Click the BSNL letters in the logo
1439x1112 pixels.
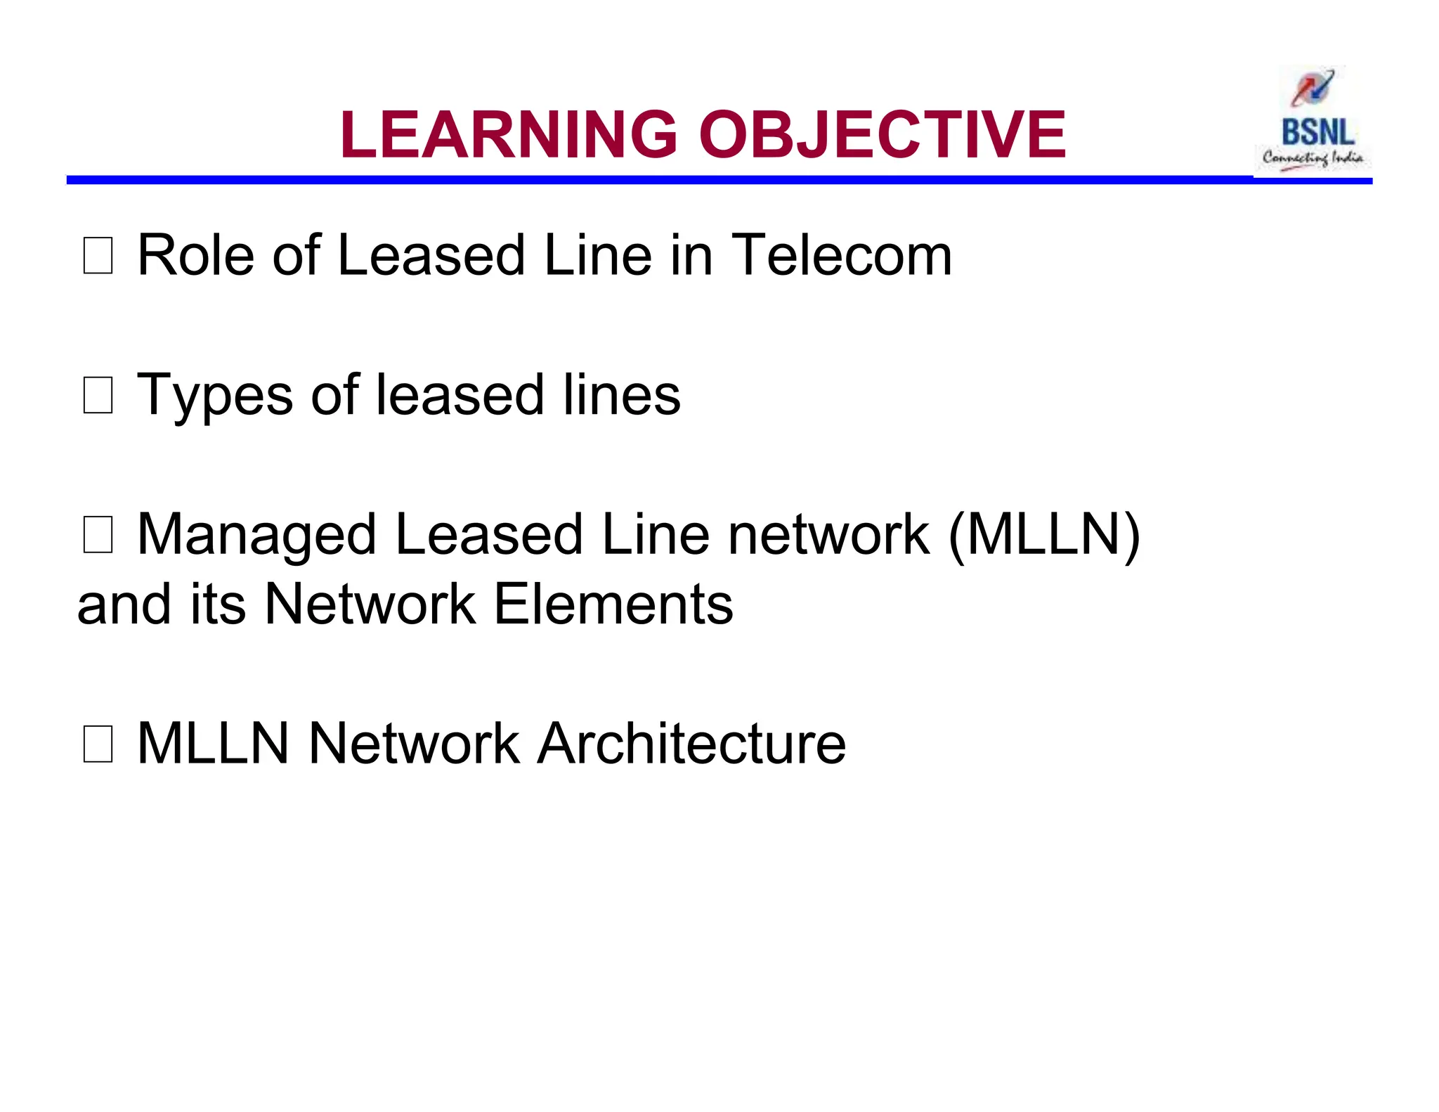[1317, 132]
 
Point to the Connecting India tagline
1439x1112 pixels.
[1313, 158]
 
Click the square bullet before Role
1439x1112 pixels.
[98, 256]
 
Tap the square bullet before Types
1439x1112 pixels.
[98, 395]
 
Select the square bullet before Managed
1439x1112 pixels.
[98, 535]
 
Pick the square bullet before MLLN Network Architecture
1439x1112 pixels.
[98, 744]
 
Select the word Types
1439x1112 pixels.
[214, 395]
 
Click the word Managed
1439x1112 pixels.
[257, 536]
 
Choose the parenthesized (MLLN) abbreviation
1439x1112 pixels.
[1044, 536]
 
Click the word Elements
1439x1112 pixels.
[613, 604]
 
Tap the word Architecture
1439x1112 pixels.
[691, 744]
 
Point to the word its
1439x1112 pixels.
[218, 604]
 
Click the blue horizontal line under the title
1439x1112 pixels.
[632, 181]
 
